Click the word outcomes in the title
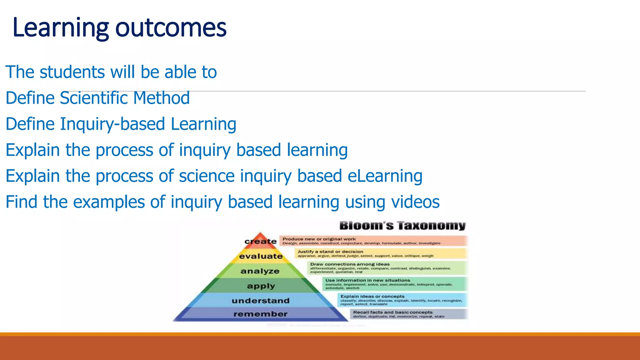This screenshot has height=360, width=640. point(171,28)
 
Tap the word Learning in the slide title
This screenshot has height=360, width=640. point(61,28)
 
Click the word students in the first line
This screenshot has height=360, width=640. point(72,72)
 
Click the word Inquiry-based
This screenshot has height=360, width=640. point(112,124)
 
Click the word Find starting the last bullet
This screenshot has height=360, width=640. point(21,202)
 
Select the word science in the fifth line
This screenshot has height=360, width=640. point(206,176)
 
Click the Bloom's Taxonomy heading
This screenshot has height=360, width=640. point(402,226)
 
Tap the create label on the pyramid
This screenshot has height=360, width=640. point(260,242)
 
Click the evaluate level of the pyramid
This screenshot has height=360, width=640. point(261,256)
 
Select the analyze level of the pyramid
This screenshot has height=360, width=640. point(260,271)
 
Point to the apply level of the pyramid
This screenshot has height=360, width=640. point(261,286)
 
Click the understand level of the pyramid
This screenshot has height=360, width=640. point(261,301)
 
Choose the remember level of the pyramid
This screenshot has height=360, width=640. point(260,314)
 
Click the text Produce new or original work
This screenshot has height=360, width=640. point(319,239)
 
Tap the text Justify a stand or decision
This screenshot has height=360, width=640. point(330,252)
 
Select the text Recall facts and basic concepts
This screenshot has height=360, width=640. point(393,312)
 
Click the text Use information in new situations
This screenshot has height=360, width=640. point(367,280)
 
